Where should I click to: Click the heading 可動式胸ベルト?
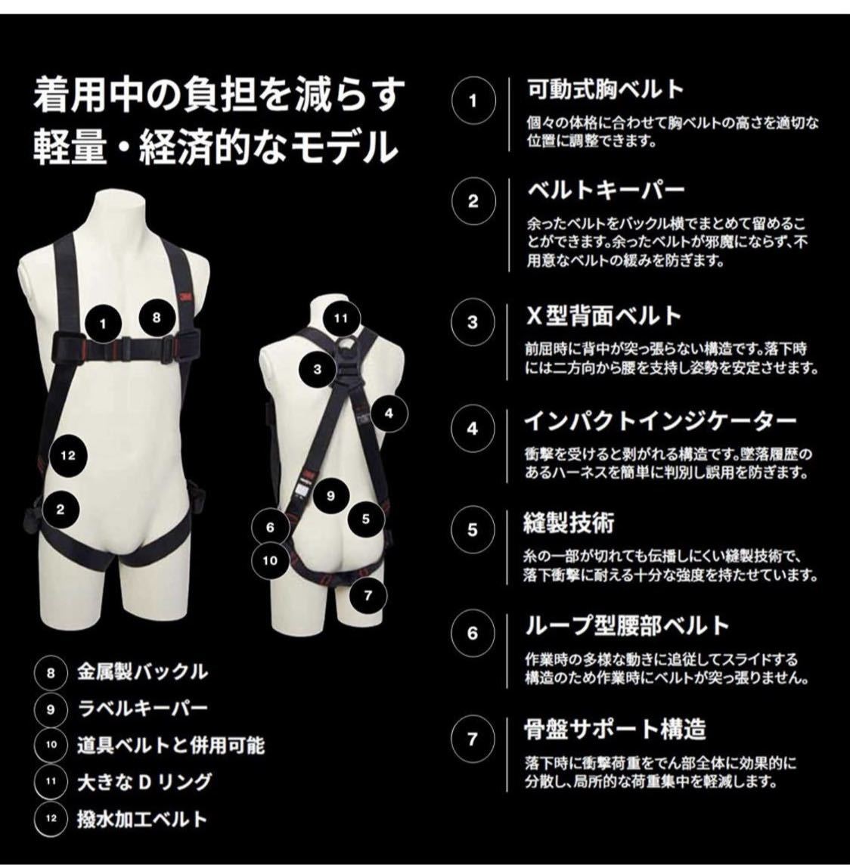pyautogui.click(x=606, y=90)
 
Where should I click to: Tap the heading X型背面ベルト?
pyautogui.click(x=603, y=316)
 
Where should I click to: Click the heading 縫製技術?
pyautogui.click(x=569, y=523)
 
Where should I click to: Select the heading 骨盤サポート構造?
pyautogui.click(x=616, y=730)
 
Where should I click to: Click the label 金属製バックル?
pyautogui.click(x=142, y=672)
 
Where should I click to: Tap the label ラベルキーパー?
pyautogui.click(x=142, y=708)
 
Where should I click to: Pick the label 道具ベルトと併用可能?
pyautogui.click(x=171, y=745)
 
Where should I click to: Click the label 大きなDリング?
pyautogui.click(x=144, y=782)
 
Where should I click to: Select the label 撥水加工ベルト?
pyautogui.click(x=142, y=818)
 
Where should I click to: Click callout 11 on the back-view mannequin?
pyautogui.click(x=340, y=318)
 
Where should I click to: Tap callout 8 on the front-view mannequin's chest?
pyautogui.click(x=156, y=318)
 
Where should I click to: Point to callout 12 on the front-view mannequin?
pyautogui.click(x=67, y=456)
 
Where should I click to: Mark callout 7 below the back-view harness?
pyautogui.click(x=368, y=596)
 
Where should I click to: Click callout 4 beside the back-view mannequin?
pyautogui.click(x=389, y=413)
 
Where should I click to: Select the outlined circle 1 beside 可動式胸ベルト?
pyautogui.click(x=472, y=101)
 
